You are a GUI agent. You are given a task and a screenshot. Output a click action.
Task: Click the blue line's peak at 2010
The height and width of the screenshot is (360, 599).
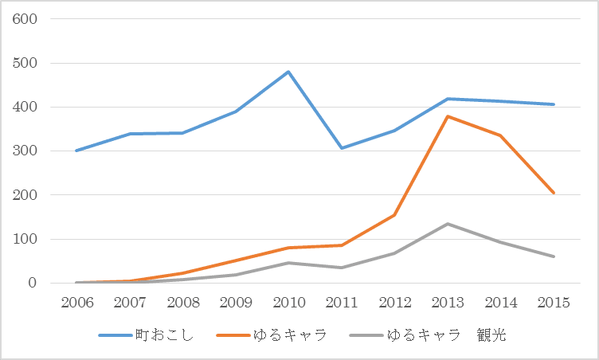click(x=288, y=72)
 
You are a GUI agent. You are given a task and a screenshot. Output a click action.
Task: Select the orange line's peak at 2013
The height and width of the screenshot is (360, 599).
click(x=448, y=116)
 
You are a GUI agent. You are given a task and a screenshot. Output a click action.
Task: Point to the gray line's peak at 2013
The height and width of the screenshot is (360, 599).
click(x=448, y=224)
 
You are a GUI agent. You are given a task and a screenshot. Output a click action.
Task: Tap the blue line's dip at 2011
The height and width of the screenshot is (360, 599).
click(x=342, y=148)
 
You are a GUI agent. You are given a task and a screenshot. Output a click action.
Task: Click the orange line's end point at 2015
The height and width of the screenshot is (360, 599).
click(x=553, y=193)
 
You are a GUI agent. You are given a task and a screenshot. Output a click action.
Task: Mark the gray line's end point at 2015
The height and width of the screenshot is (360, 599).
click(x=553, y=256)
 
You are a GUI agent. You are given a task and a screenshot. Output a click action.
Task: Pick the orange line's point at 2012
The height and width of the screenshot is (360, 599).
click(x=394, y=215)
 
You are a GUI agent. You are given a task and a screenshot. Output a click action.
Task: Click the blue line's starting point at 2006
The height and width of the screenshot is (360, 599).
click(x=76, y=151)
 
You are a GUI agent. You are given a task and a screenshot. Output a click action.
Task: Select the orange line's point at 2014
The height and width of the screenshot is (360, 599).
click(x=500, y=135)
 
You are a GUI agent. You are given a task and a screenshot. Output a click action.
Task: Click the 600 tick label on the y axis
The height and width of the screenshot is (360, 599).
click(x=25, y=19)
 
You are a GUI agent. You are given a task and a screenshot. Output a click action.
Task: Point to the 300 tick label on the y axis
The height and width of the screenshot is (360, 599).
click(x=25, y=151)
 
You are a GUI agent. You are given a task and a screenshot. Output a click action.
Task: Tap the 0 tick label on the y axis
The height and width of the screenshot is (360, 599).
click(x=33, y=283)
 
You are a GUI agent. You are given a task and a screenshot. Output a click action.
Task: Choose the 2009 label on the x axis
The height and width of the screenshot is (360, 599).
click(x=236, y=303)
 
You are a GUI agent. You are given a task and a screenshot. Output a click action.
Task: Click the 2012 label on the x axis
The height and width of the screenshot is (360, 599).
click(x=394, y=303)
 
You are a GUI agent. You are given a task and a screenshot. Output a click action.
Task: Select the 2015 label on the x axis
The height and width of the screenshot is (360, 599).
click(x=554, y=303)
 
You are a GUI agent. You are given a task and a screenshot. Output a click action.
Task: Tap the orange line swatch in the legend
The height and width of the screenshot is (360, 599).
click(x=233, y=335)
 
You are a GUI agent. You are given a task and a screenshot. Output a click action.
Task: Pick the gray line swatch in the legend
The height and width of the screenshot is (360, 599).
click(x=366, y=335)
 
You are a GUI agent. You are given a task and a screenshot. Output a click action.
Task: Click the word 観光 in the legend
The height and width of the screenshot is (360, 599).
click(x=491, y=335)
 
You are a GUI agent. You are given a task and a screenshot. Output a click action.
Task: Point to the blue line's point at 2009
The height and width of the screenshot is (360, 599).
click(x=236, y=112)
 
